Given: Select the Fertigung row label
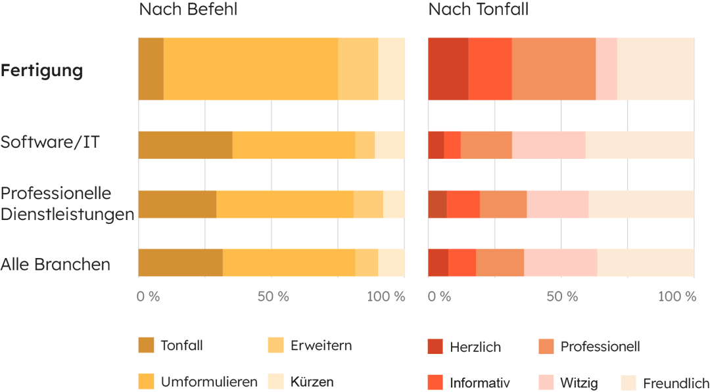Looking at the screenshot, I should click(x=42, y=70).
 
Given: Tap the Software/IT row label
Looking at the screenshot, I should click(x=50, y=142).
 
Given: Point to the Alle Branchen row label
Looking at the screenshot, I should click(x=55, y=265).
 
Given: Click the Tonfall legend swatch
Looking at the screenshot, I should click(x=146, y=345).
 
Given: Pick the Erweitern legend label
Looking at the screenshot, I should click(x=321, y=346).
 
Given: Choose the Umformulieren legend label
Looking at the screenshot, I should click(x=209, y=381).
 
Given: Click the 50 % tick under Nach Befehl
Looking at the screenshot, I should click(x=273, y=297).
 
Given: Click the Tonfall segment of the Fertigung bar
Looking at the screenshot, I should click(x=151, y=69).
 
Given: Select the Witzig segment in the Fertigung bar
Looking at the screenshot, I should click(x=606, y=69).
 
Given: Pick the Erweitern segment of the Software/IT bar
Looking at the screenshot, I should click(x=365, y=145).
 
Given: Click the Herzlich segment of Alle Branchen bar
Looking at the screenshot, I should click(x=438, y=263).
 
